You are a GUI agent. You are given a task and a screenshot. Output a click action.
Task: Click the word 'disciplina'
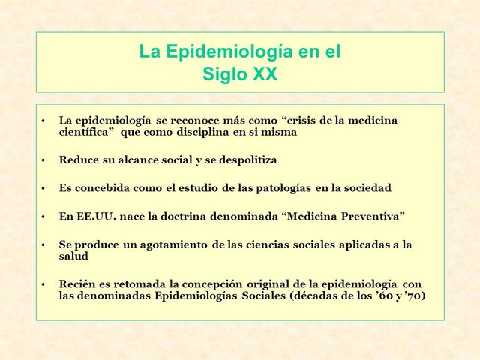[x=206, y=132]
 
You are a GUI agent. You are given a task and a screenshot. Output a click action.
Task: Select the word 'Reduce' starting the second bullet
[x=78, y=160]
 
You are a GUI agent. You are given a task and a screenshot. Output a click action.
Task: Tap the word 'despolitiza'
[x=245, y=160]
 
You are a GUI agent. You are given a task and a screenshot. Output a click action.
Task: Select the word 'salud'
[x=73, y=256]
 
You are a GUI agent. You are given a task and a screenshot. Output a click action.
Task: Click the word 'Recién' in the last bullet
[x=77, y=283]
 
